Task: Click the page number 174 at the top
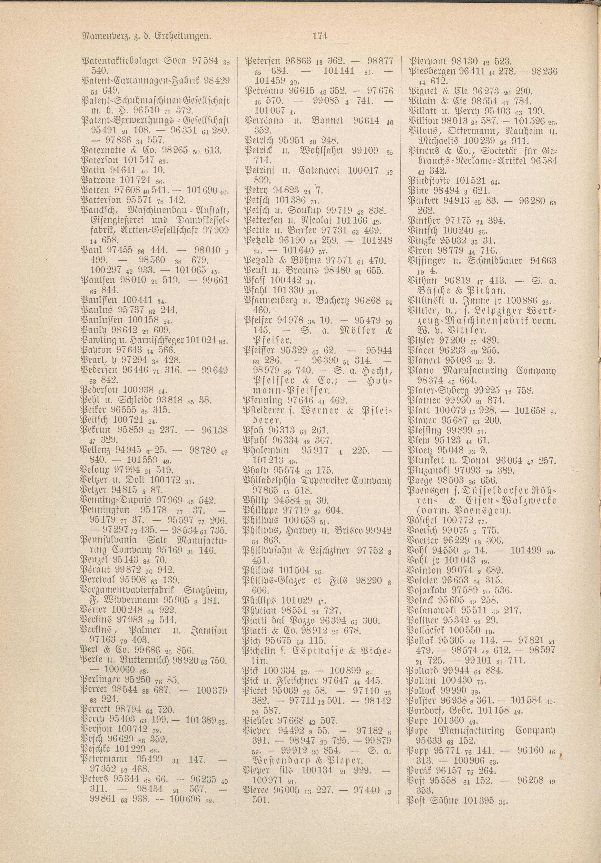pos(319,37)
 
